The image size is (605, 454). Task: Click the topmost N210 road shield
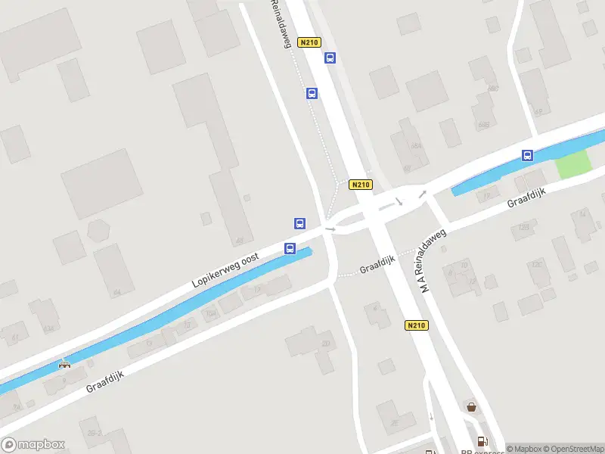point(308,42)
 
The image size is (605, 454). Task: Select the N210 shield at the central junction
point(361,185)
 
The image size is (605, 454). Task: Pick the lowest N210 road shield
point(416,325)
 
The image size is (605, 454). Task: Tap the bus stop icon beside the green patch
point(527,156)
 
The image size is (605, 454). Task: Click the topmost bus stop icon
point(330,58)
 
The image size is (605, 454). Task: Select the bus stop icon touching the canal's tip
point(290,248)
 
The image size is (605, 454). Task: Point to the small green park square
point(572,164)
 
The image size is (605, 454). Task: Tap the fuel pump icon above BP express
point(480,441)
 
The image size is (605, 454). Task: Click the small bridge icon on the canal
point(66,364)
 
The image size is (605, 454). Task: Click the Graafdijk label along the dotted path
point(378,268)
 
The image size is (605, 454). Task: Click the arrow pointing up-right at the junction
point(423,194)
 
